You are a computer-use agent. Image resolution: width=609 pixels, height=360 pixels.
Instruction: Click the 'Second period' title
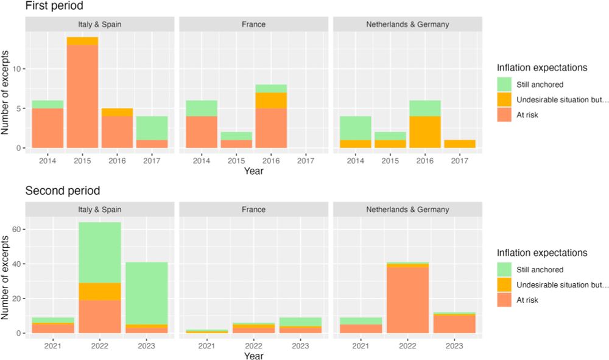click(62, 191)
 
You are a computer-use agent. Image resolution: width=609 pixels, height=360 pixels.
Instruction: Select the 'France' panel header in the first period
click(253, 24)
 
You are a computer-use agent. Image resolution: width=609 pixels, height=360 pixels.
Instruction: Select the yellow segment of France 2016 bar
click(271, 101)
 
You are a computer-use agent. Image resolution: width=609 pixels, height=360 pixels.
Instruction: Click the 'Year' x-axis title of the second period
click(253, 355)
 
